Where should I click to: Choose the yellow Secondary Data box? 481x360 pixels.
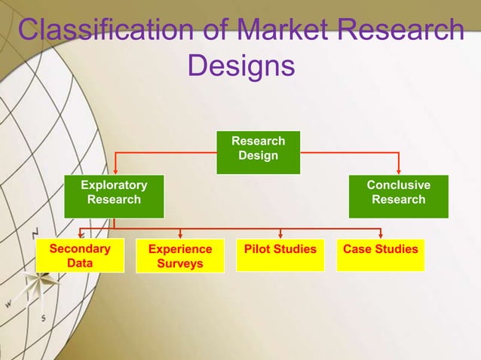click(x=80, y=255)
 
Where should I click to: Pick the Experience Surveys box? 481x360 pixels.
click(x=180, y=256)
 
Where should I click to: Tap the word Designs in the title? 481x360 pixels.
click(x=240, y=66)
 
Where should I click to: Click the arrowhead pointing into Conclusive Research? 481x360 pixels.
click(x=399, y=170)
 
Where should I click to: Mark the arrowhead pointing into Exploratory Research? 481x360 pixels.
click(x=115, y=170)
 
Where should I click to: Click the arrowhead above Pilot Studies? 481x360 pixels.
click(x=280, y=234)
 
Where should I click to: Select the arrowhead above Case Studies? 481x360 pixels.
click(x=381, y=234)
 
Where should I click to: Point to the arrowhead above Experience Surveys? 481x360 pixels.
click(x=180, y=234)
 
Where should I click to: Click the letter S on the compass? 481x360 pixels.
click(x=43, y=318)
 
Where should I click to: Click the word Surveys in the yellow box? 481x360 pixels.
click(x=180, y=264)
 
